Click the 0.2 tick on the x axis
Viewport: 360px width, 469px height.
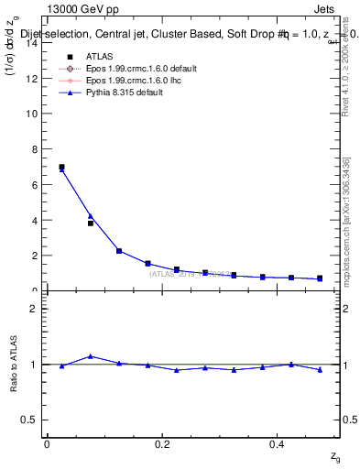pos(162,444)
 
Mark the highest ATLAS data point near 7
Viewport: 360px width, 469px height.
pos(61,167)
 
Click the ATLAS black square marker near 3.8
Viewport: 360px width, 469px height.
pos(91,224)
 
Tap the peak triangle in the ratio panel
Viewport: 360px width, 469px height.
pos(91,356)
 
